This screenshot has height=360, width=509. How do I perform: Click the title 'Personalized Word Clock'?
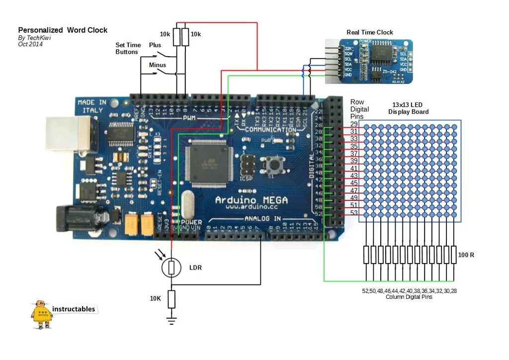click(x=63, y=30)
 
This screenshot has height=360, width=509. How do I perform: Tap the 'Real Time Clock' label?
click(x=369, y=32)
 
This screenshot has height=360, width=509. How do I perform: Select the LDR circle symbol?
click(x=171, y=268)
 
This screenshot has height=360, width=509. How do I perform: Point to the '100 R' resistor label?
click(x=466, y=255)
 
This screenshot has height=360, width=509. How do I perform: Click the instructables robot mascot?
click(x=41, y=314)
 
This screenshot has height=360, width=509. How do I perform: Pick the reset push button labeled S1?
click(x=272, y=164)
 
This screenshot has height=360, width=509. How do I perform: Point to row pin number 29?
click(x=354, y=124)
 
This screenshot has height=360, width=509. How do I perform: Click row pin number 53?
click(x=354, y=213)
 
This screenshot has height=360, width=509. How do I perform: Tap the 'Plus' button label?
click(x=155, y=45)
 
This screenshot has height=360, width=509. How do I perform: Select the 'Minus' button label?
click(x=158, y=65)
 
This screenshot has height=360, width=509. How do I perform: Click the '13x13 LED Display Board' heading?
click(x=408, y=108)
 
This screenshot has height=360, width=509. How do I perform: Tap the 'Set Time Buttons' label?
click(x=128, y=48)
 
